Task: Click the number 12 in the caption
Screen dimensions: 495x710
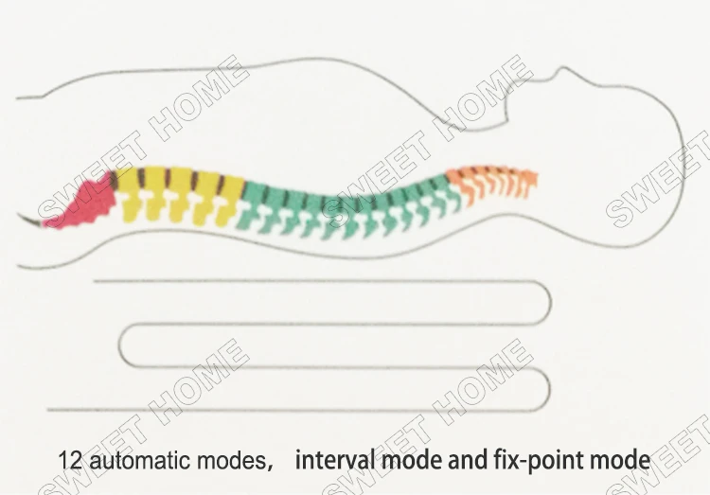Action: tap(68, 462)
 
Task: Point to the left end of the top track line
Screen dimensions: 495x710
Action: tap(95, 281)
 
